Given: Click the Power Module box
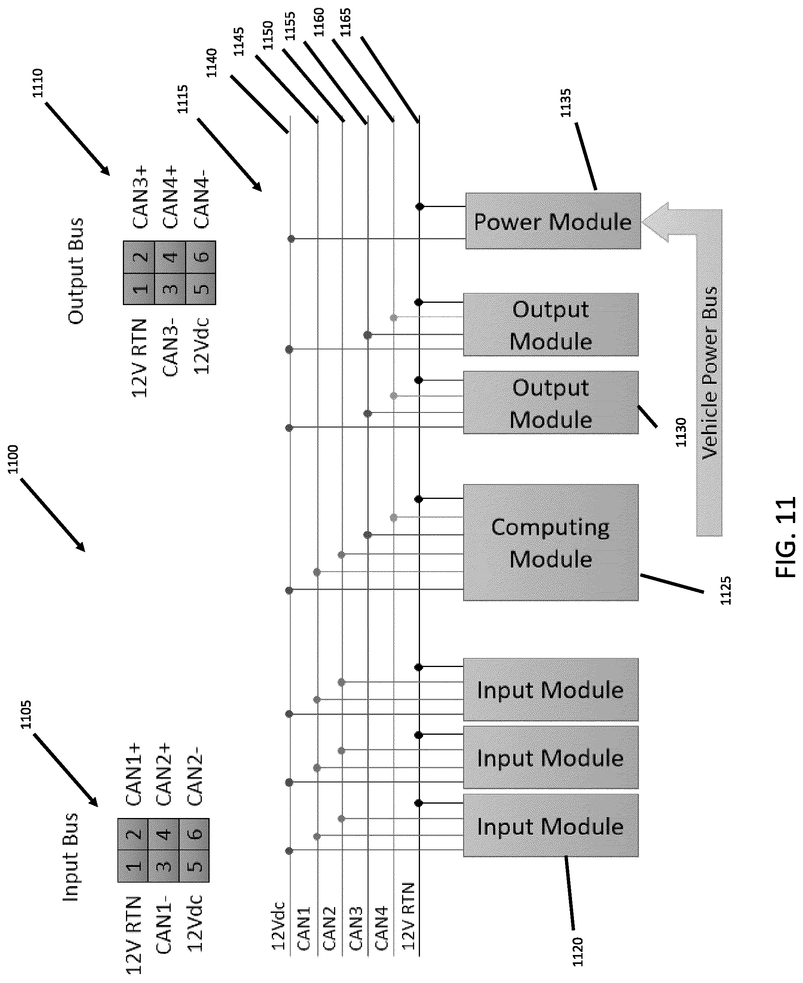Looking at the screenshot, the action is (x=553, y=221).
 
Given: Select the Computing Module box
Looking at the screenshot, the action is (x=551, y=542).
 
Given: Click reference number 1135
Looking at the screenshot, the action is (x=566, y=103).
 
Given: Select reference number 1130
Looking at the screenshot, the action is (x=681, y=432).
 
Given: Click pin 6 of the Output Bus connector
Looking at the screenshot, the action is (x=201, y=257).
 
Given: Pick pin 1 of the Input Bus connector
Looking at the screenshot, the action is (x=133, y=866).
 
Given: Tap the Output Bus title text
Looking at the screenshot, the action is (x=75, y=271).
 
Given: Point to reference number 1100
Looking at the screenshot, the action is (x=12, y=459).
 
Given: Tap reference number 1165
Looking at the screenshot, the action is (x=345, y=22).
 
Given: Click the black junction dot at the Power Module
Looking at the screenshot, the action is (x=420, y=206).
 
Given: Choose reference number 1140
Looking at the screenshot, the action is (x=212, y=63).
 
